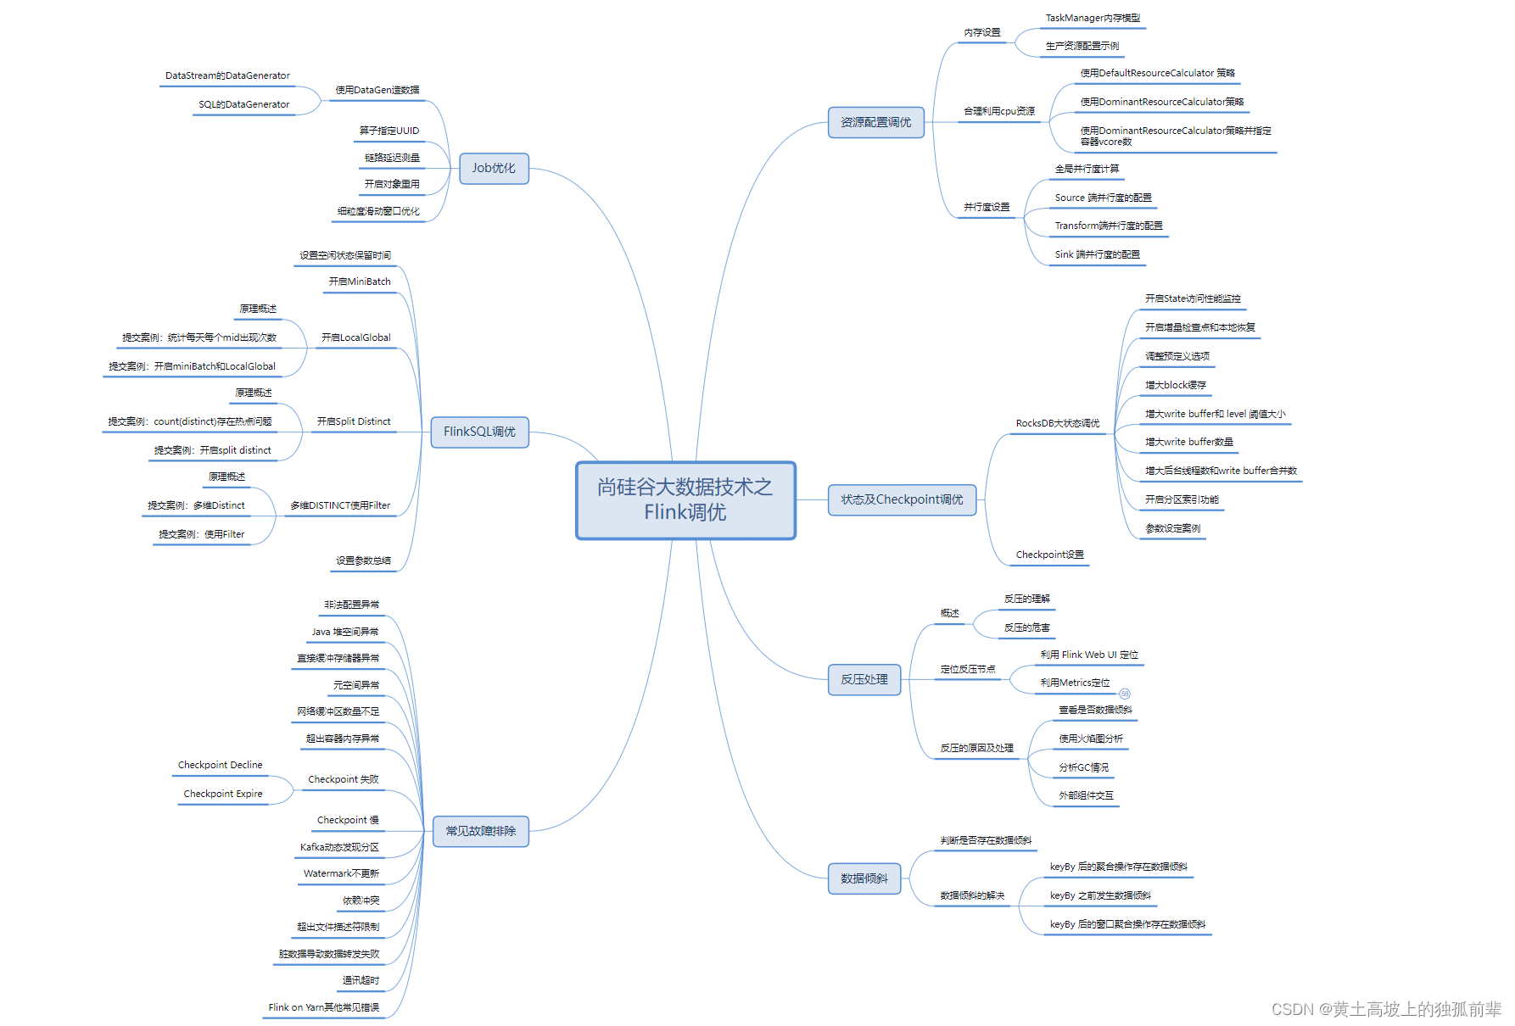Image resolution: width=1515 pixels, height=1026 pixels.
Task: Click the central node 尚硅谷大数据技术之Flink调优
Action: click(x=685, y=499)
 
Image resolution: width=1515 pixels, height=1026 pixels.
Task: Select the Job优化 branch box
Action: click(x=494, y=168)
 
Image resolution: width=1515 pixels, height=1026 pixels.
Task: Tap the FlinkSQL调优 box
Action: click(x=479, y=432)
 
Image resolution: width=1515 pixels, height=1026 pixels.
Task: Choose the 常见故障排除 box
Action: click(x=480, y=831)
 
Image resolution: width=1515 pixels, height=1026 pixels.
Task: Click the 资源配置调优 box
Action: click(x=875, y=122)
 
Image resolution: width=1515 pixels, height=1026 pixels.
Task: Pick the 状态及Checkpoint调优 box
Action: click(x=902, y=499)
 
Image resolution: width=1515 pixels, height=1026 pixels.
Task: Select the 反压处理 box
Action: click(x=864, y=679)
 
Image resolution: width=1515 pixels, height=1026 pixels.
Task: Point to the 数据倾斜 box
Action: click(x=864, y=878)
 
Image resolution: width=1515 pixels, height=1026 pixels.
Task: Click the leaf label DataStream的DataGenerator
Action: click(x=227, y=75)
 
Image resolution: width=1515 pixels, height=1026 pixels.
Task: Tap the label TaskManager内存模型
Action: click(x=1093, y=18)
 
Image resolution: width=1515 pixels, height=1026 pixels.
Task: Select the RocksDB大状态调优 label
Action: click(x=1057, y=423)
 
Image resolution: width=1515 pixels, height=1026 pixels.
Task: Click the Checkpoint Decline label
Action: click(x=220, y=765)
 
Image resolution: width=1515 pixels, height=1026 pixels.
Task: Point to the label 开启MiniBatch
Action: click(x=360, y=282)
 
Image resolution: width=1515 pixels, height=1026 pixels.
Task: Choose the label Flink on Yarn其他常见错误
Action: click(x=323, y=1007)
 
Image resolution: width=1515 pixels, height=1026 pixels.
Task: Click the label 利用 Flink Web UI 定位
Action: click(x=1089, y=655)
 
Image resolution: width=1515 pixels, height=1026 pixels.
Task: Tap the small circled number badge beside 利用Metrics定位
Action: click(x=1125, y=694)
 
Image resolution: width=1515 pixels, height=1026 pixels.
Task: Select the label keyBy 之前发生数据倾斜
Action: click(x=1100, y=895)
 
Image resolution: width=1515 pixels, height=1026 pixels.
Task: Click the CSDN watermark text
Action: click(x=1386, y=1009)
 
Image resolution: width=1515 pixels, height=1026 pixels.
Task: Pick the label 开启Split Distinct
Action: click(x=354, y=421)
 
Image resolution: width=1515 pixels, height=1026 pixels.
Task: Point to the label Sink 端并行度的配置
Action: click(x=1097, y=254)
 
